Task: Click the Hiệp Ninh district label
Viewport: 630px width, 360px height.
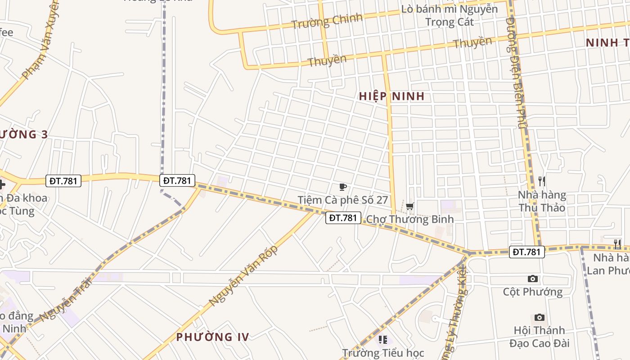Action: click(391, 96)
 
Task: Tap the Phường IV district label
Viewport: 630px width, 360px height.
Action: click(212, 337)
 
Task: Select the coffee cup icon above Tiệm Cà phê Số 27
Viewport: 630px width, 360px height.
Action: click(343, 187)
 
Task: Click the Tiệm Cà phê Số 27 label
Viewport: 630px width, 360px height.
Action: click(342, 200)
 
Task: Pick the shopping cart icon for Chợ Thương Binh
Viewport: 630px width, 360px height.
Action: click(409, 207)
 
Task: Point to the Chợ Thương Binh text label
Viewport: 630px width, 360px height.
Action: click(409, 219)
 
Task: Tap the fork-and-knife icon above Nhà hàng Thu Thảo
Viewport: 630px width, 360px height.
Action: click(542, 181)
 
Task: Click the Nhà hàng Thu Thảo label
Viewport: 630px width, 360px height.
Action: click(542, 201)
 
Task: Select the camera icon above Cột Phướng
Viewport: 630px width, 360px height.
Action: click(533, 279)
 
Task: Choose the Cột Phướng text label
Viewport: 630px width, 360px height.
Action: click(533, 292)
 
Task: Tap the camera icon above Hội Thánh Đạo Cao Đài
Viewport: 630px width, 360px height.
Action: click(540, 318)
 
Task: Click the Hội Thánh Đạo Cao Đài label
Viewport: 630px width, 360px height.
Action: click(540, 337)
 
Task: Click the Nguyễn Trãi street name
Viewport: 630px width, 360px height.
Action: click(66, 300)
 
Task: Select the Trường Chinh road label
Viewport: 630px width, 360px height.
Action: click(327, 21)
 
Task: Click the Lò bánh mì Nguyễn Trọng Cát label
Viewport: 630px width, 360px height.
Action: click(449, 15)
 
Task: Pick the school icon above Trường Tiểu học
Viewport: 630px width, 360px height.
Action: click(383, 340)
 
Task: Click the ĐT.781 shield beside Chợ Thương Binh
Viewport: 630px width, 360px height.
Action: click(343, 218)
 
